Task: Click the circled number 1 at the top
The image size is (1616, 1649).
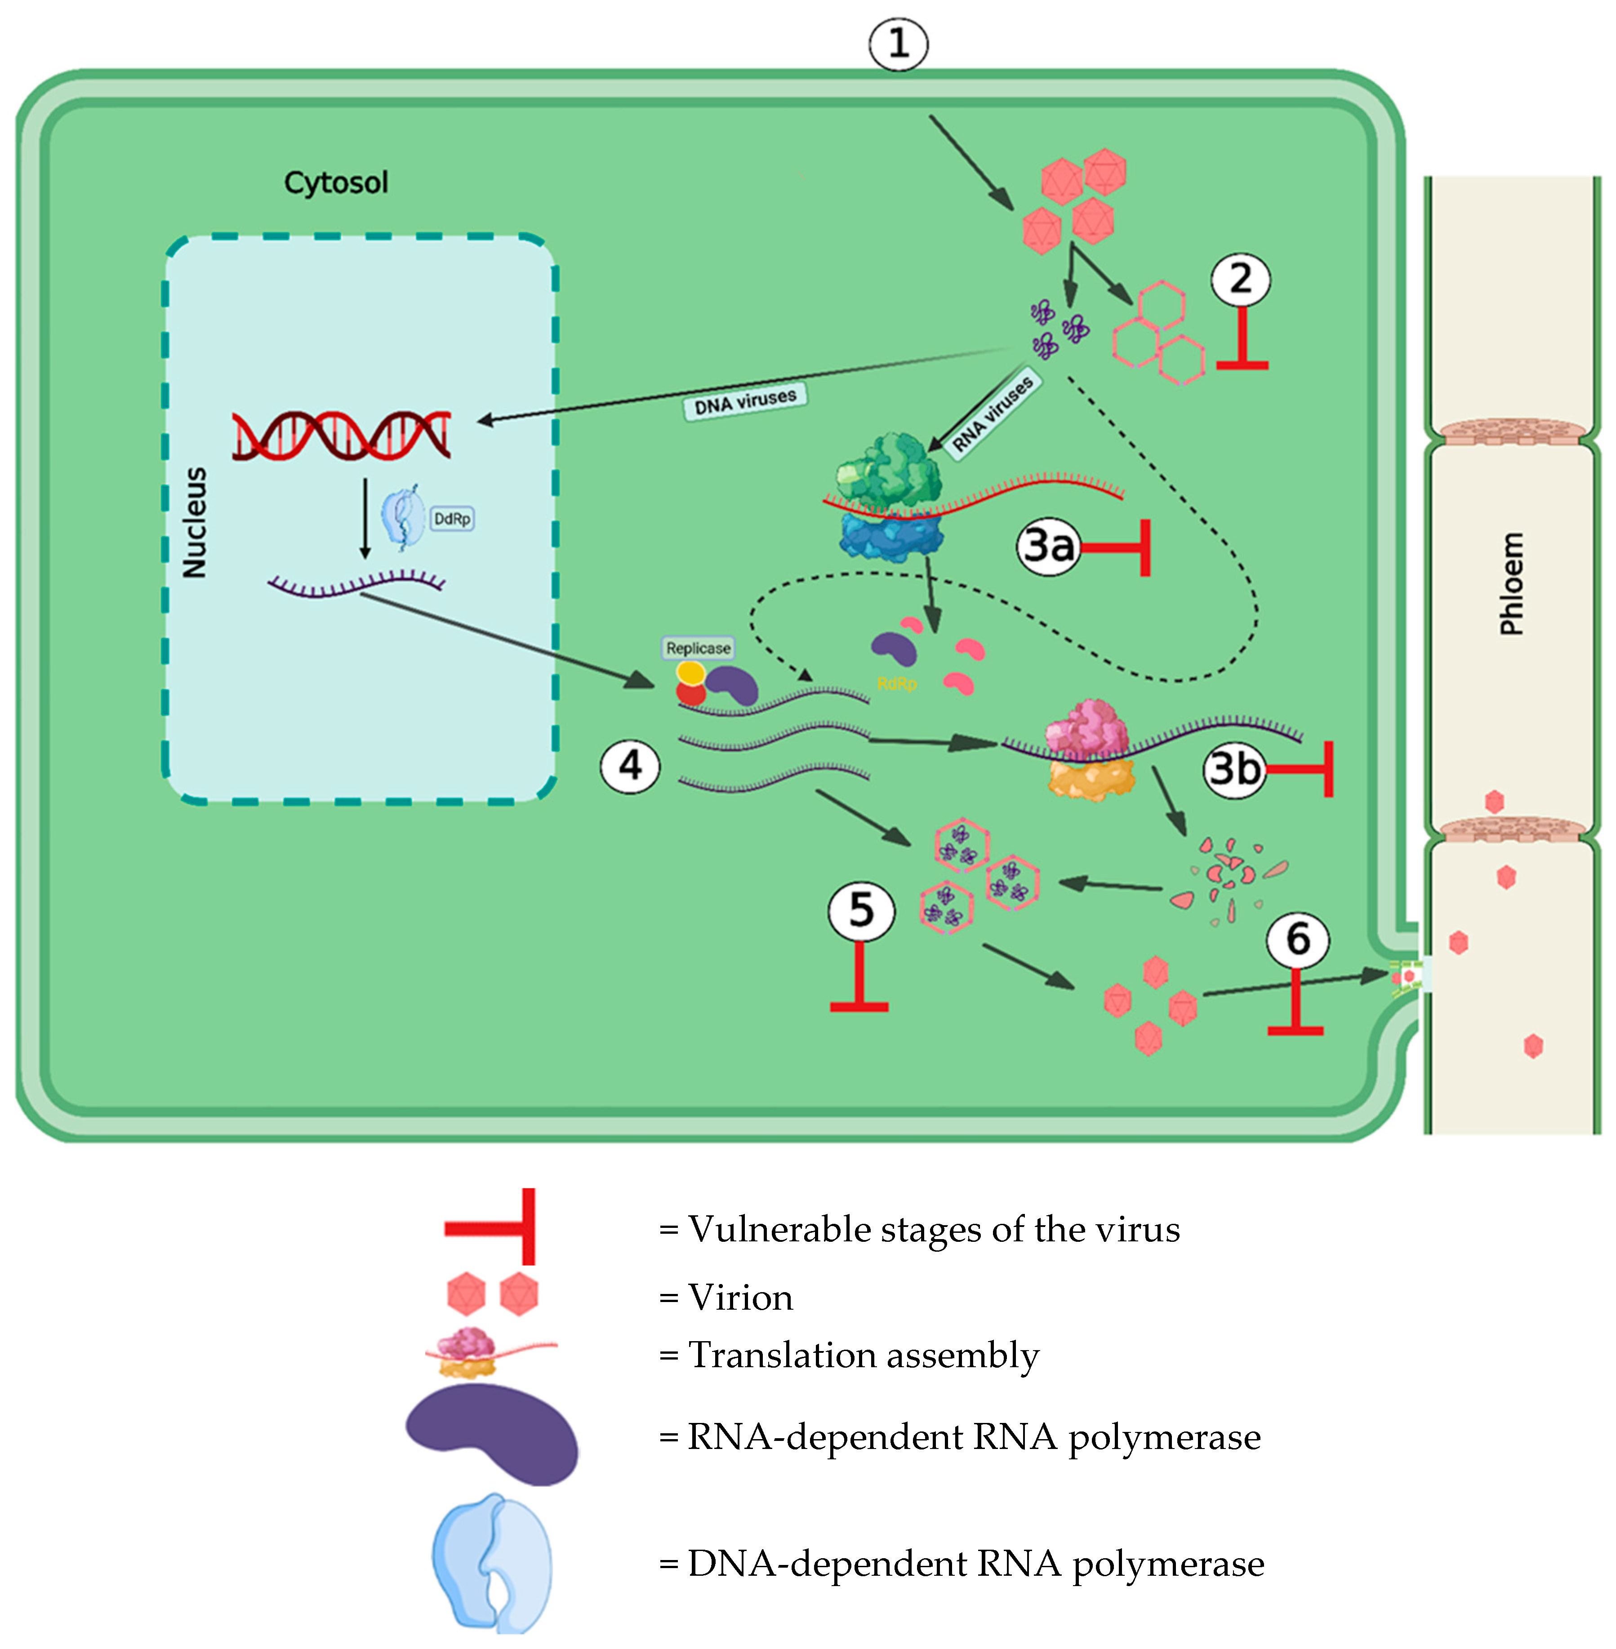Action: pyautogui.click(x=898, y=44)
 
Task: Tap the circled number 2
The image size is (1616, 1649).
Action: pyautogui.click(x=1240, y=279)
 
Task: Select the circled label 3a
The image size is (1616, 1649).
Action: pyautogui.click(x=1049, y=546)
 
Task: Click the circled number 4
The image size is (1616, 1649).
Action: pyautogui.click(x=630, y=765)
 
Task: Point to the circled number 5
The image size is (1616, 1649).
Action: pyautogui.click(x=861, y=911)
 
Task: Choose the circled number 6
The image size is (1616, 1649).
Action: pyautogui.click(x=1297, y=939)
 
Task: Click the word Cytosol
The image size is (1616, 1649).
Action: pyautogui.click(x=336, y=182)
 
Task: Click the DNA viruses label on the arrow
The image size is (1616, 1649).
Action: pyautogui.click(x=745, y=400)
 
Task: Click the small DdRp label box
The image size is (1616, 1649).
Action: pyautogui.click(x=451, y=519)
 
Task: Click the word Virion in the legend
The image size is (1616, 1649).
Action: pyautogui.click(x=740, y=1298)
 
